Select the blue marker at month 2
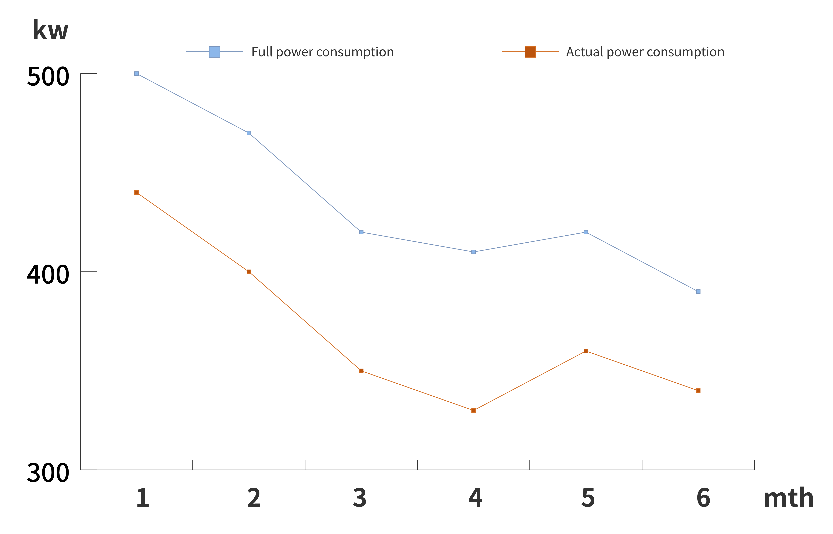coord(249,133)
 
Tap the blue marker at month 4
coord(474,252)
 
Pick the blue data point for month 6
coord(698,292)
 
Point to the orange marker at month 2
coord(249,272)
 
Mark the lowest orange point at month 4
coord(474,411)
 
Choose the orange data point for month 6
coord(698,391)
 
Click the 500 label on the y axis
coord(48,77)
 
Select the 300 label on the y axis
coord(48,473)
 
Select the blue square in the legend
coord(214,52)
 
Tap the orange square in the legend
coord(530,52)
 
